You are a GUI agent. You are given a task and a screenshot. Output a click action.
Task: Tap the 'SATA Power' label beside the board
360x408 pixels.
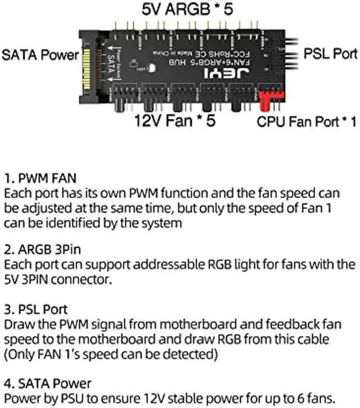pyautogui.click(x=40, y=55)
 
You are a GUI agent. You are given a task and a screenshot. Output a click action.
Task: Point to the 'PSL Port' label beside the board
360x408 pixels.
pyautogui.click(x=330, y=53)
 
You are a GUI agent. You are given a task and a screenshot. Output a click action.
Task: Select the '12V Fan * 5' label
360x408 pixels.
pyautogui.click(x=175, y=120)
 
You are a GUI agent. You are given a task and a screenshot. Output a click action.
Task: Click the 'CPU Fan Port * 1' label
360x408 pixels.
pyautogui.click(x=307, y=121)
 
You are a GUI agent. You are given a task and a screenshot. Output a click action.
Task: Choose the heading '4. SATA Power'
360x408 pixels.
pyautogui.click(x=47, y=383)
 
